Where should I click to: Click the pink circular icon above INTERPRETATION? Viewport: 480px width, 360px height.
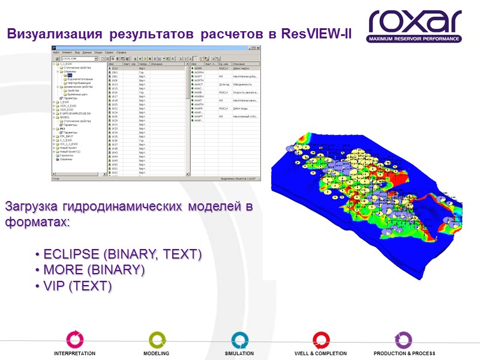tap(74, 340)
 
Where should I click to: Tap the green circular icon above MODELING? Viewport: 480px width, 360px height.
tap(157, 340)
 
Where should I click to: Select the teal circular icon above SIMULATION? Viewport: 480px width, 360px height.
tap(239, 340)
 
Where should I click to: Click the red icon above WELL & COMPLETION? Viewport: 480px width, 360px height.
tap(320, 340)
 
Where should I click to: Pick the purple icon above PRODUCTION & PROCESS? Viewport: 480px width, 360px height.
tap(403, 340)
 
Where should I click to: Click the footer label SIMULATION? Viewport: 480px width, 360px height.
tap(239, 354)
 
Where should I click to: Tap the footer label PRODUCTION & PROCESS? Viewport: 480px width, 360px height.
tap(404, 354)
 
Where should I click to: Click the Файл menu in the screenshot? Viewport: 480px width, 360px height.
tap(56, 53)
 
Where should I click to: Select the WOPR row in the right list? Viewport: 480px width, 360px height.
tap(198, 69)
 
